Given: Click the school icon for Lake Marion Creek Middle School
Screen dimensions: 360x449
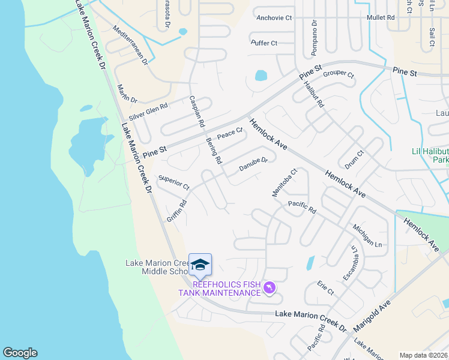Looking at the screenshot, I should pyautogui.click(x=200, y=265).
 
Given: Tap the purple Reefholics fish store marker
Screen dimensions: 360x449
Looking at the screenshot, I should pyautogui.click(x=270, y=289).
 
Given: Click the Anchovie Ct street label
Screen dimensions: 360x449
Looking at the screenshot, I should pyautogui.click(x=274, y=18).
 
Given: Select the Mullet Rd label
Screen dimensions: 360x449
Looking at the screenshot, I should pyautogui.click(x=381, y=18).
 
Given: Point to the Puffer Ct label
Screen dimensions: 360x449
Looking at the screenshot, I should pyautogui.click(x=264, y=43).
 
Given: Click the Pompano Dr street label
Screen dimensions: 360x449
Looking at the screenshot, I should pyautogui.click(x=314, y=36).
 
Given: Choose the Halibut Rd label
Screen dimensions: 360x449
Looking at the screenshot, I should pyautogui.click(x=314, y=94).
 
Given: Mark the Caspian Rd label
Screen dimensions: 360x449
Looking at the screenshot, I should pyautogui.click(x=197, y=112).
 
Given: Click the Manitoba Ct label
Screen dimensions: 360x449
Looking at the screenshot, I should pyautogui.click(x=285, y=182).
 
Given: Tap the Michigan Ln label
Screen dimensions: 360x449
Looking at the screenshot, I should pyautogui.click(x=367, y=236).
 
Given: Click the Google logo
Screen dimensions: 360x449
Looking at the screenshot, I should pyautogui.click(x=20, y=353).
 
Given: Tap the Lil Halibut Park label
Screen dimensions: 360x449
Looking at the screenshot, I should pyautogui.click(x=430, y=156).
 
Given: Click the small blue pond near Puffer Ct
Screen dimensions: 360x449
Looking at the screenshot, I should pyautogui.click(x=261, y=76).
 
